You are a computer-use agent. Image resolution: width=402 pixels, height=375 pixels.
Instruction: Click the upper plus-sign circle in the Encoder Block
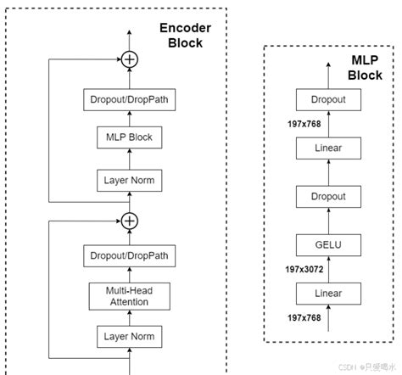129,59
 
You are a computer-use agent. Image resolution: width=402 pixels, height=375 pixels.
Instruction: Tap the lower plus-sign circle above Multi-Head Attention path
129,221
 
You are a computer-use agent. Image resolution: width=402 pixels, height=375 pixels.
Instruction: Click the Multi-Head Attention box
129,295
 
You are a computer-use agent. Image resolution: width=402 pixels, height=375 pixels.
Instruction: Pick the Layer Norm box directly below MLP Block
129,180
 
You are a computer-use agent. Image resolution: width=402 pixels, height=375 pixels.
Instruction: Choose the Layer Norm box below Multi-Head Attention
129,337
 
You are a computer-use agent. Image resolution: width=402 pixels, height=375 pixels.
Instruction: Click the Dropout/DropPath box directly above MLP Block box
129,99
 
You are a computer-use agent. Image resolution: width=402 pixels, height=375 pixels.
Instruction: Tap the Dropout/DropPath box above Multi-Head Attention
129,255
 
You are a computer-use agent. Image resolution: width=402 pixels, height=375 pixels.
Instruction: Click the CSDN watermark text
365,368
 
